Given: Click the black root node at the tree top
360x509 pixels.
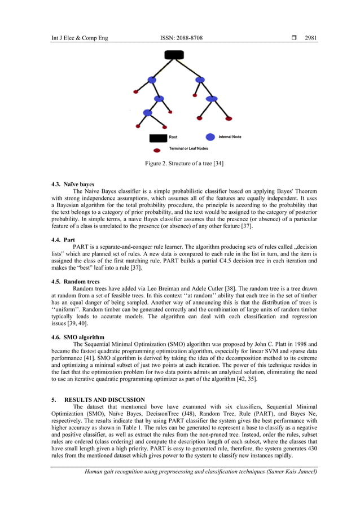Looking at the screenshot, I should coord(174,55).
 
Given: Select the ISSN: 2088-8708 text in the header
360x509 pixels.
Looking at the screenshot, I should coord(182,38).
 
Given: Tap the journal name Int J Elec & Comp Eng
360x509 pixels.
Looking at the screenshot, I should coord(79,38).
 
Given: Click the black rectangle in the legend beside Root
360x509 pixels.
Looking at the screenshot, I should coord(157,137).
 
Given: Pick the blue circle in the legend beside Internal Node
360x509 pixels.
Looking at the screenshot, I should coord(210,137).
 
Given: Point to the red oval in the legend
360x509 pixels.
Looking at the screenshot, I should coord(156,150).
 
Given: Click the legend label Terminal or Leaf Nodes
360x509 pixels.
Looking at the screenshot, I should coord(189,149).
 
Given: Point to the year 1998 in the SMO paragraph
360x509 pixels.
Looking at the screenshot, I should coord(292,344).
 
